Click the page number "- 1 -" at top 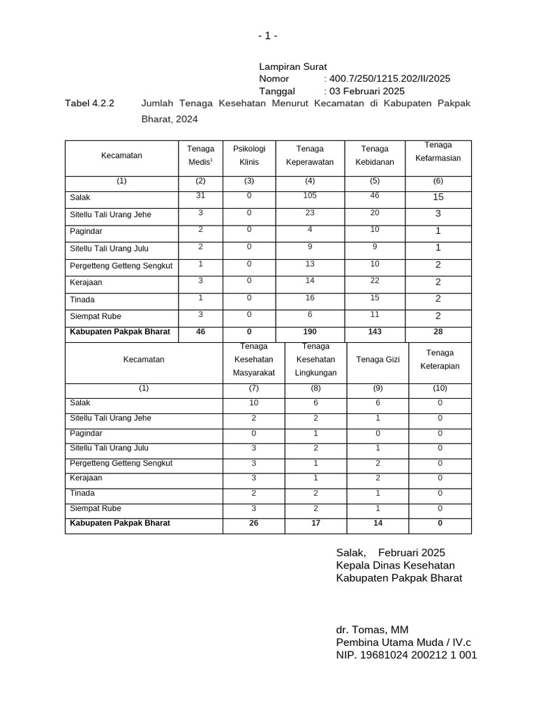pyautogui.click(x=267, y=36)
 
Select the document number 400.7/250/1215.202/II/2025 pyautogui.click(x=387, y=79)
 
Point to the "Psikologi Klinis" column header pyautogui.click(x=249, y=155)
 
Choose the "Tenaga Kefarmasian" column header pyautogui.click(x=438, y=152)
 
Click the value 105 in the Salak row pyautogui.click(x=310, y=196)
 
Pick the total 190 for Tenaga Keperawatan pyautogui.click(x=310, y=332)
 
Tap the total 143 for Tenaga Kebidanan pyautogui.click(x=375, y=332)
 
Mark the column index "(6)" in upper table pyautogui.click(x=438, y=181)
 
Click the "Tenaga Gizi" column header pyautogui.click(x=378, y=360)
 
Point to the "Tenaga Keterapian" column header pyautogui.click(x=440, y=360)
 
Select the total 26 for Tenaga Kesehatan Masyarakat pyautogui.click(x=253, y=523)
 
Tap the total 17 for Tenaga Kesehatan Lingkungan pyautogui.click(x=315, y=523)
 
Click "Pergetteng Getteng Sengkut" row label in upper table pyautogui.click(x=121, y=265)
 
